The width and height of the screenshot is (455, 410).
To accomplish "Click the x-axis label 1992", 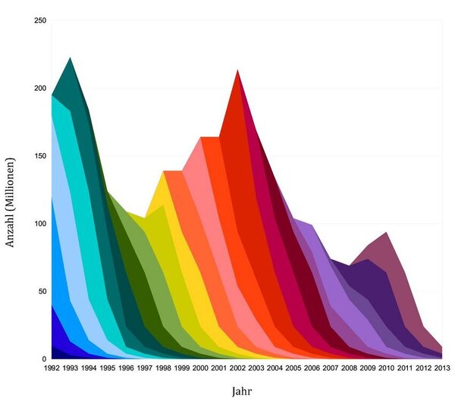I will click(52, 368).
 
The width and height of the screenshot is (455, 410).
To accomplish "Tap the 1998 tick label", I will click(162, 368).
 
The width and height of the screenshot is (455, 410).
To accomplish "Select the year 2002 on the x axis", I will click(237, 368).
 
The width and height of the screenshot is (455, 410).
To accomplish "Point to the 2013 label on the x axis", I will click(442, 368).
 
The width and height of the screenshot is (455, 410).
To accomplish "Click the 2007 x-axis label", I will click(331, 368).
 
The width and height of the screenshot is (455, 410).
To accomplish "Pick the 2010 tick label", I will click(386, 368).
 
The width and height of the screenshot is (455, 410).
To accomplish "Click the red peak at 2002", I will click(238, 71).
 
